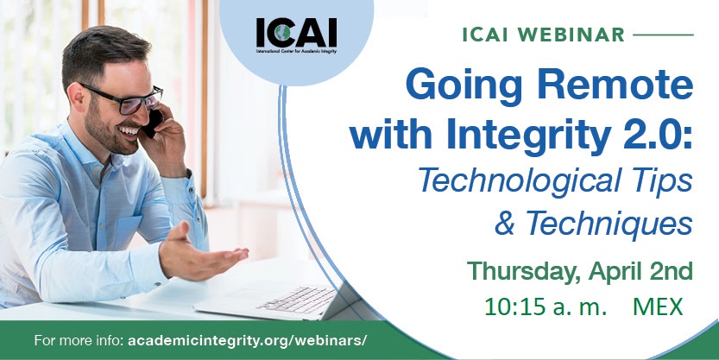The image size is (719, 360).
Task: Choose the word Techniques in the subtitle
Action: [x=609, y=224]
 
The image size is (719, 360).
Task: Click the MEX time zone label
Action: [x=658, y=307]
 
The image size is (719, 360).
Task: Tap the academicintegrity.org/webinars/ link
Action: [x=247, y=341]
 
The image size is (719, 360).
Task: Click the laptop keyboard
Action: [x=297, y=298]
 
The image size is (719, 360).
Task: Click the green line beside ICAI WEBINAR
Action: [x=663, y=35]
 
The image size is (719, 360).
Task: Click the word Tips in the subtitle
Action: [x=667, y=181]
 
